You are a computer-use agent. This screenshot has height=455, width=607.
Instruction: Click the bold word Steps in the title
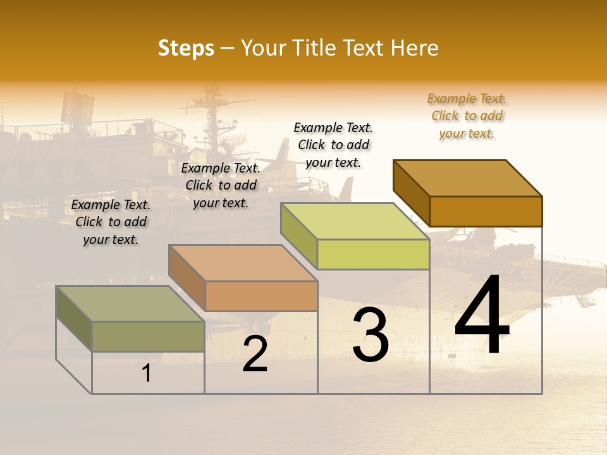click(x=186, y=48)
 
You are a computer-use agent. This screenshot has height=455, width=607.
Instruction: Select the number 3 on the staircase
click(x=371, y=335)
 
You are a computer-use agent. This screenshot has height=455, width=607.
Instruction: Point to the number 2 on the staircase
click(x=255, y=354)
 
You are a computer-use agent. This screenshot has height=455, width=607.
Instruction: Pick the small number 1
click(x=147, y=373)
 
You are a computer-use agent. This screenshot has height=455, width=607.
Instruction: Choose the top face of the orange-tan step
click(x=243, y=263)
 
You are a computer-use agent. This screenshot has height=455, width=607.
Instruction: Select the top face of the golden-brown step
click(x=468, y=178)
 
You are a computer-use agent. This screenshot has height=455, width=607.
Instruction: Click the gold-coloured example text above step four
click(x=467, y=116)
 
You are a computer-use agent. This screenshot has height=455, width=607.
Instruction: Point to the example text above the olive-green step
click(x=111, y=222)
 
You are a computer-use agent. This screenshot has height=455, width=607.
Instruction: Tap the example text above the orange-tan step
click(x=221, y=185)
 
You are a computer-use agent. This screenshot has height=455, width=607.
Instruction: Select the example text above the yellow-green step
click(x=333, y=145)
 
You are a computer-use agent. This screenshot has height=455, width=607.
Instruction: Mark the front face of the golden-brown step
click(x=486, y=211)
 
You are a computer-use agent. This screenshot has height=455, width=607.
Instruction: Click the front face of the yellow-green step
click(x=373, y=255)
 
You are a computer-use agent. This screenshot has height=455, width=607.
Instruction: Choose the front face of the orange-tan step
click(x=261, y=296)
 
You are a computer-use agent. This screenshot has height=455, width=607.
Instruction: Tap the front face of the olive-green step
click(x=148, y=336)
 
